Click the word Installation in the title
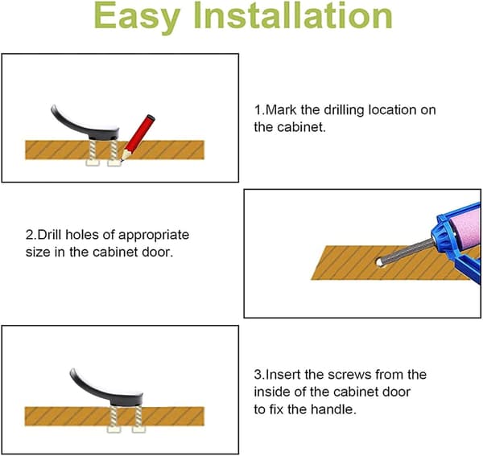(293, 15)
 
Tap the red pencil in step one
(138, 138)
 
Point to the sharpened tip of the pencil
(122, 160)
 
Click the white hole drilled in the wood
(379, 262)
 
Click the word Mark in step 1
(281, 110)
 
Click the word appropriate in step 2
(154, 236)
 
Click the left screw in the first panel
(92, 153)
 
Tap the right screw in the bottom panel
(138, 419)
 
